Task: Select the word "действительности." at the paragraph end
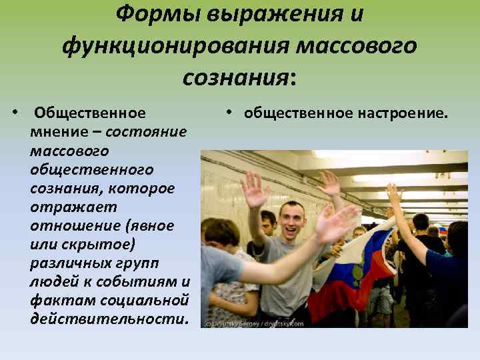pos(109,319)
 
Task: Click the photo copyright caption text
pos(254,323)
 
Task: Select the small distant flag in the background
pos(442,230)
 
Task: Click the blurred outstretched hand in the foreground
pos(337,223)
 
